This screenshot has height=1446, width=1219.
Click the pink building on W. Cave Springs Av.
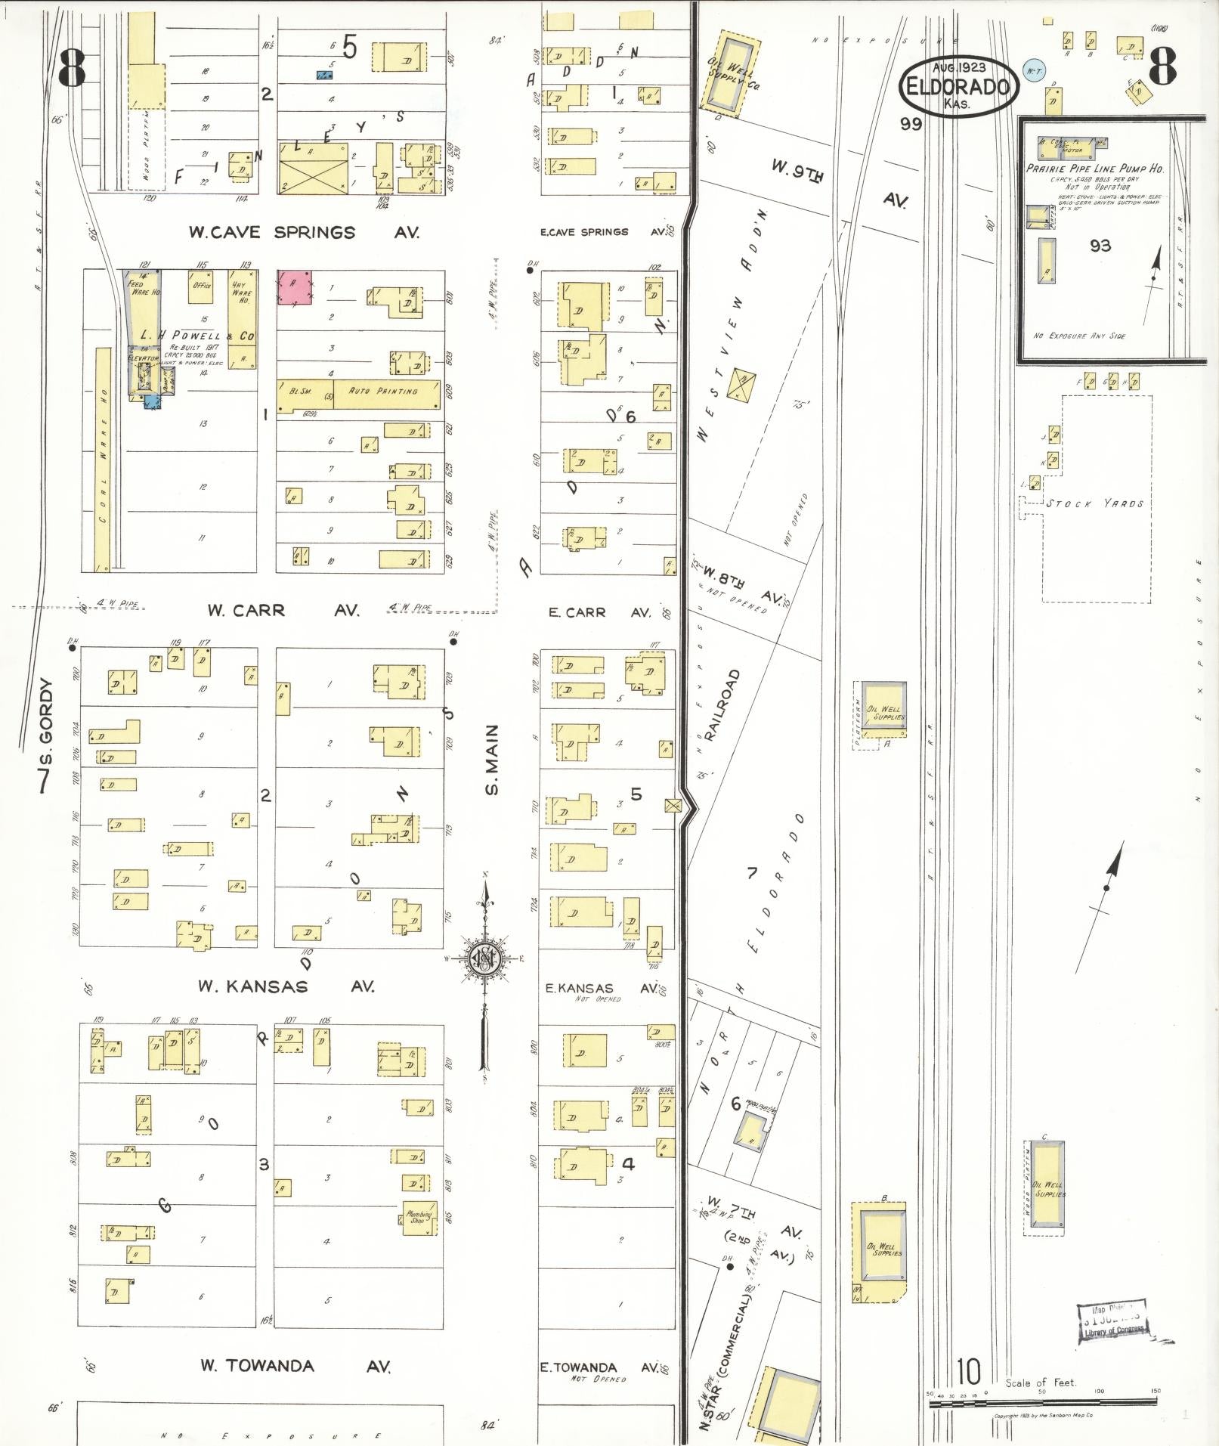click(x=295, y=288)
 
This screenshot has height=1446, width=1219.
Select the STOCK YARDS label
click(x=1094, y=503)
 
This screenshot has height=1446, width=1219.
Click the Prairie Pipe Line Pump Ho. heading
click(x=1094, y=169)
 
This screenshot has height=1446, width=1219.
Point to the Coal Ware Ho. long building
click(x=103, y=459)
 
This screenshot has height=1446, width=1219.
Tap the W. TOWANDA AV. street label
click(x=295, y=1365)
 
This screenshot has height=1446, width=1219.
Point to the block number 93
click(x=1100, y=246)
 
